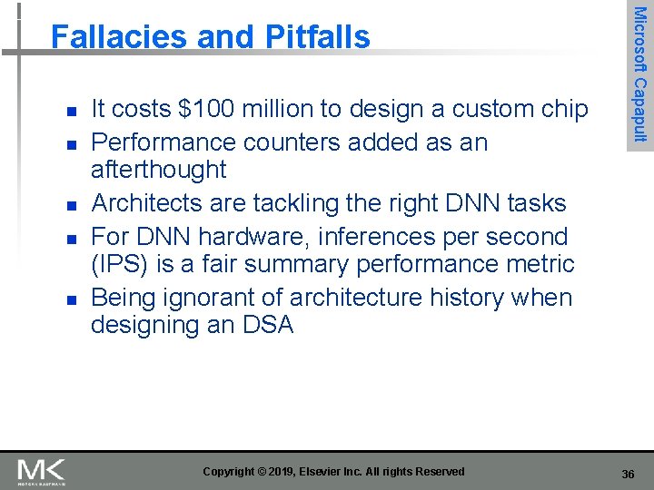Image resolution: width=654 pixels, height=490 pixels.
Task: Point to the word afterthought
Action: pos(158,170)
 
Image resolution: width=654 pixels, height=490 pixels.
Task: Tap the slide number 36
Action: pos(628,475)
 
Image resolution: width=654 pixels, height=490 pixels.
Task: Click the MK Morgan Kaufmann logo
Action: pos(41,472)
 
